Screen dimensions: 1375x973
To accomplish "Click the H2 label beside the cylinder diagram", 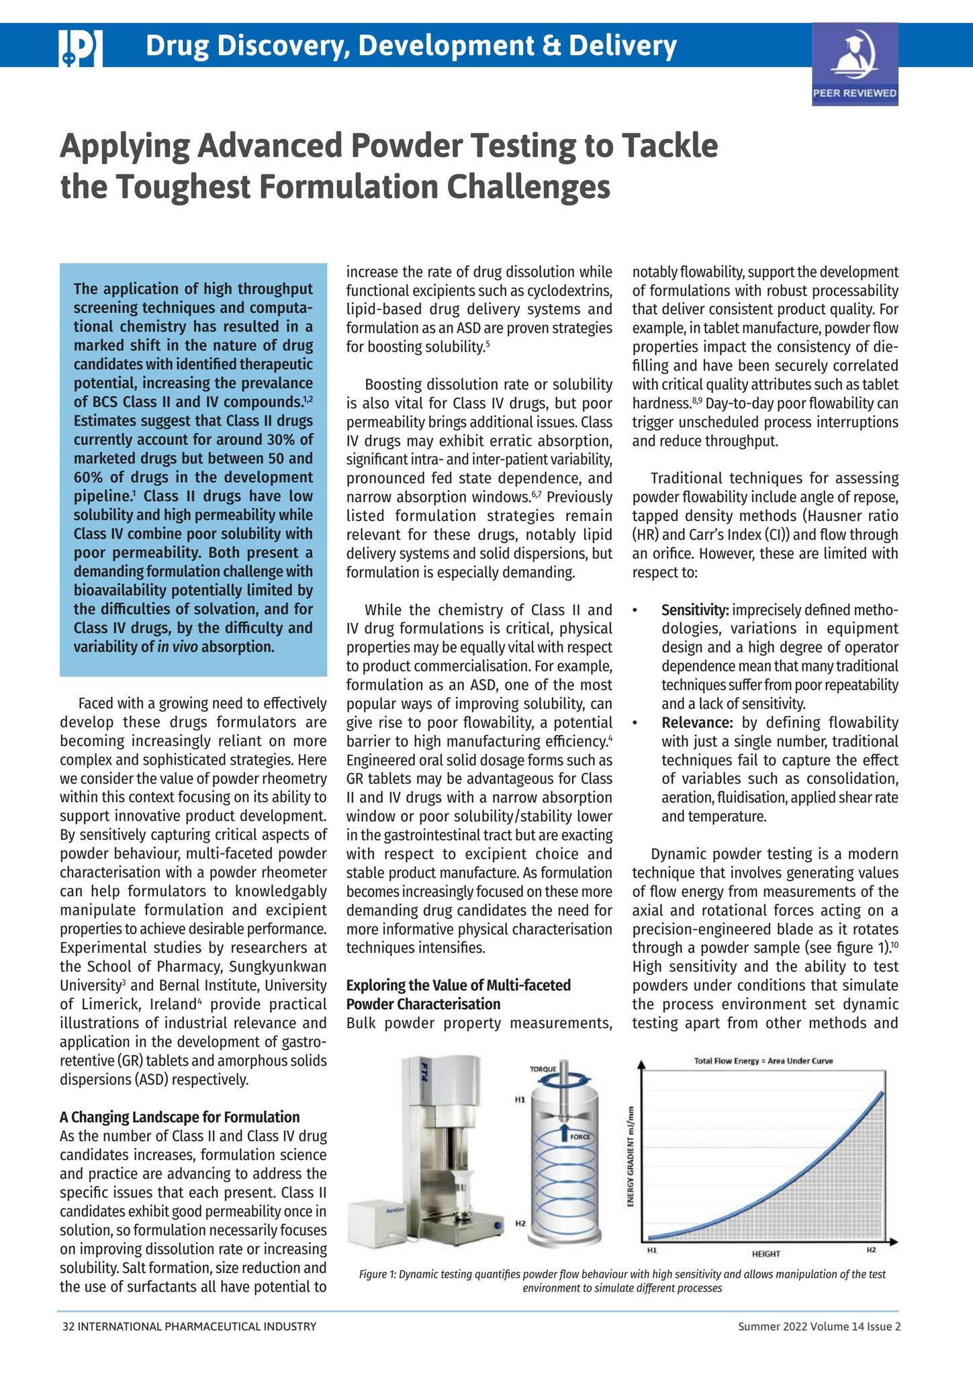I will (x=519, y=1223).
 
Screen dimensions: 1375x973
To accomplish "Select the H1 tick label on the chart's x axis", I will (x=651, y=1251).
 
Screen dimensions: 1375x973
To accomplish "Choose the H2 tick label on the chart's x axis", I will (x=871, y=1250).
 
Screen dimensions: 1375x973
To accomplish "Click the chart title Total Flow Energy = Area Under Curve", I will (x=763, y=1061).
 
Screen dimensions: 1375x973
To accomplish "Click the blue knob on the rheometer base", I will (x=498, y=1227).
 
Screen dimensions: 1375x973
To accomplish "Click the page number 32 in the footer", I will (x=67, y=1327).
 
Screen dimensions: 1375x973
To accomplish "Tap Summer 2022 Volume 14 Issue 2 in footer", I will (x=819, y=1327).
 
